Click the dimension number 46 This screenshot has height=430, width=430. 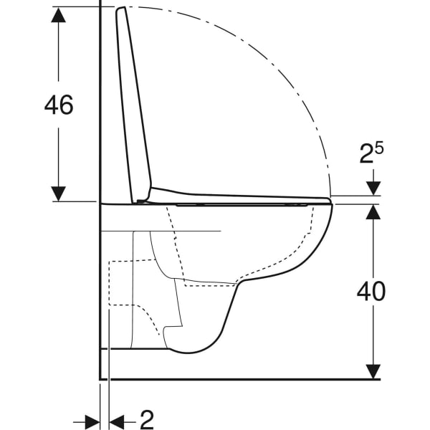click(59, 105)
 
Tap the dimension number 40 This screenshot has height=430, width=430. click(371, 291)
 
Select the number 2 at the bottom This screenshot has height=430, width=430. click(147, 419)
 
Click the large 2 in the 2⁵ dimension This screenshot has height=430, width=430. click(367, 154)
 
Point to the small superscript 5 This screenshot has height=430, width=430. click(379, 148)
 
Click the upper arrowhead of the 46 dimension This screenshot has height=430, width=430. click(59, 15)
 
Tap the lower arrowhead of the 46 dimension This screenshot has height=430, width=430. click(59, 193)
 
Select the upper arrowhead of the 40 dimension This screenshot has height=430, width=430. click(373, 212)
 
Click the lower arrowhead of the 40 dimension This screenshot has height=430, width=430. click(373, 371)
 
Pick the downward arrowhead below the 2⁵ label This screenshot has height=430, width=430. click(373, 188)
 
